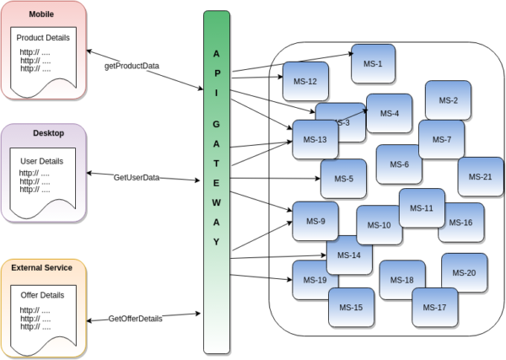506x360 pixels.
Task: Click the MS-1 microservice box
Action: pos(373,64)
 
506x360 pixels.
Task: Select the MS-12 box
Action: pos(305,81)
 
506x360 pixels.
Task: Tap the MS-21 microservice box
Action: pos(480,177)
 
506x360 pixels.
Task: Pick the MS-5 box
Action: pos(344,179)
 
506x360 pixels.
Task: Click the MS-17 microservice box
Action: pos(434,308)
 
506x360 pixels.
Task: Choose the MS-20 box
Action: pos(464,273)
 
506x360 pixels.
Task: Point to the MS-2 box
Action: pos(448,100)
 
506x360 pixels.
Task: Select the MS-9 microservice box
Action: pos(315,221)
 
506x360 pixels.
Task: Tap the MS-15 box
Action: pos(351,308)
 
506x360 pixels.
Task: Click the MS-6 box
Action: pos(399,164)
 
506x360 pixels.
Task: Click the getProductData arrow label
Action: pos(132,66)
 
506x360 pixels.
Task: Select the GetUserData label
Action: pos(137,178)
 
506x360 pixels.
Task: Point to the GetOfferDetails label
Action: pos(135,319)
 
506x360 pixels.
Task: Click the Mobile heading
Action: pos(41,14)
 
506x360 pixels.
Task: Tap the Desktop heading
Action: pos(48,133)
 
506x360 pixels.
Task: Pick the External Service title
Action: pos(41,268)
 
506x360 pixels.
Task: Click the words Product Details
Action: pos(43,38)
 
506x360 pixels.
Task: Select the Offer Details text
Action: pos(42,295)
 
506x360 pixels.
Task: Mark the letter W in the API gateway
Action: pos(216,203)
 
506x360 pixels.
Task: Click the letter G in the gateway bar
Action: pos(216,124)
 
